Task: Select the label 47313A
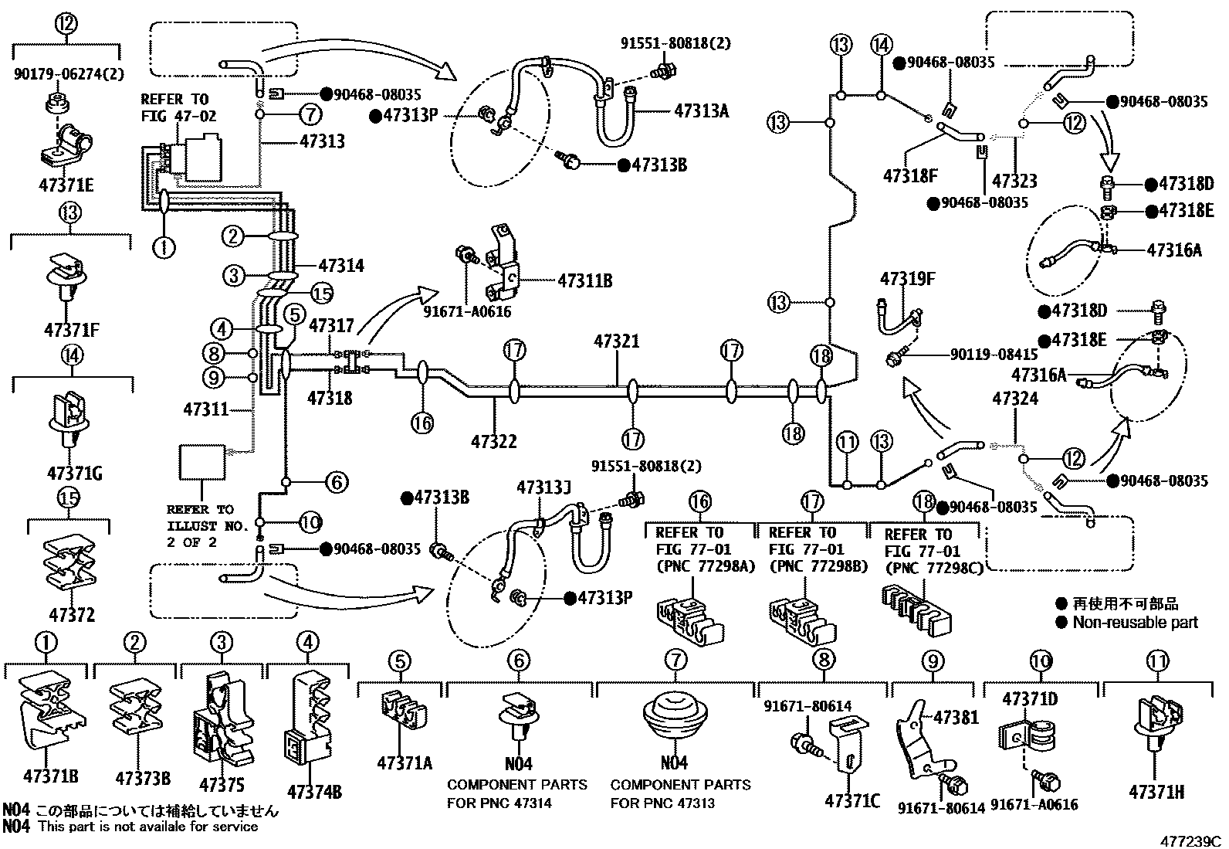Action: point(701,110)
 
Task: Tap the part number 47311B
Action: point(584,280)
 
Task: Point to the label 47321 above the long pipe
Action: point(616,341)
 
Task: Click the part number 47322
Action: point(494,442)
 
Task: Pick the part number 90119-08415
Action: point(994,356)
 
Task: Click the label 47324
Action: point(1015,399)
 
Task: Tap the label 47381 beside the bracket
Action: point(956,718)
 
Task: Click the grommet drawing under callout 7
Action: point(675,718)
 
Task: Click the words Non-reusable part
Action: point(1135,623)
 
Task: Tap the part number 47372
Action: point(71,616)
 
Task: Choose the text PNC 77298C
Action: point(925,568)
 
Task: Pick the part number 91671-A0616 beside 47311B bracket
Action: point(467,312)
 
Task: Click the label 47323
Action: point(1014,181)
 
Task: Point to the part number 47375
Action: point(222,786)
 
